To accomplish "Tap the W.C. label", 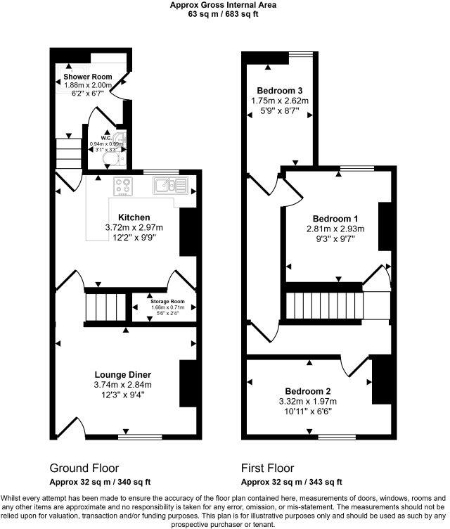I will (105, 138).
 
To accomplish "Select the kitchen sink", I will (167, 186).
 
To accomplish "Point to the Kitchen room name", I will (134, 217).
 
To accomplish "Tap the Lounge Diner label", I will (123, 374).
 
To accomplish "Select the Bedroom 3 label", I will (279, 91).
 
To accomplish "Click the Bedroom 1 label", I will (330, 218).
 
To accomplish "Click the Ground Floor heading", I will (84, 468).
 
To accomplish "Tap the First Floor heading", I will (267, 468).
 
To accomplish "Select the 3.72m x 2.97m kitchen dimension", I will (134, 227).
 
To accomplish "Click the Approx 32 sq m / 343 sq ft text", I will (291, 482).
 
